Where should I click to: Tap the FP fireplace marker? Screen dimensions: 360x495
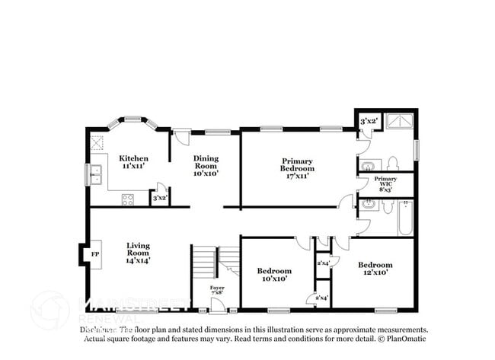(x=95, y=253)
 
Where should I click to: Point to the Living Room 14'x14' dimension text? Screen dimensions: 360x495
(x=138, y=260)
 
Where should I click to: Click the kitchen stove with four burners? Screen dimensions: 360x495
(x=128, y=199)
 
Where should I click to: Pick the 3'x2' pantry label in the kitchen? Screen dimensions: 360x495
(x=160, y=199)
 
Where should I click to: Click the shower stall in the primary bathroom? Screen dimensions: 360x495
(x=400, y=121)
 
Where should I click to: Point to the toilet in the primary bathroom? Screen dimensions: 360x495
(x=392, y=163)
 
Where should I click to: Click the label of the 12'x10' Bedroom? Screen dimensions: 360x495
(x=375, y=269)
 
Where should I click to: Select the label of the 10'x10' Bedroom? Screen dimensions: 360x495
(x=273, y=275)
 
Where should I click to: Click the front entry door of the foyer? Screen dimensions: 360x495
(x=218, y=307)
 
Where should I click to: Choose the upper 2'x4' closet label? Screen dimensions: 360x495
(x=323, y=263)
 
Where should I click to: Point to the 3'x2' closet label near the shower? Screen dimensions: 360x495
(x=369, y=121)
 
